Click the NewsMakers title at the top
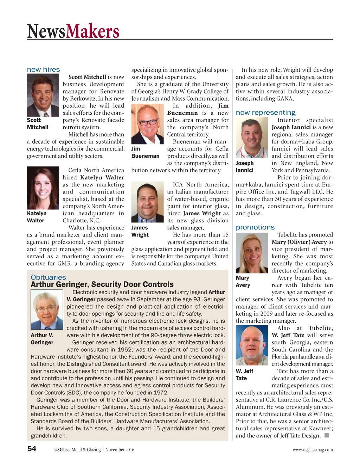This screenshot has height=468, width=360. click(x=73, y=31)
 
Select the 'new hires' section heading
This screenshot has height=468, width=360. click(x=43, y=70)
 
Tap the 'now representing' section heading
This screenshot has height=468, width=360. click(x=265, y=113)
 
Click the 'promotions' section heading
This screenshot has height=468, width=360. click(x=255, y=227)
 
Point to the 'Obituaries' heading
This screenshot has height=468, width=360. click(x=48, y=277)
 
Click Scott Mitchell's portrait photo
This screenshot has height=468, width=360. click(x=43, y=95)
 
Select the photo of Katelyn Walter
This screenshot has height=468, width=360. click(x=43, y=188)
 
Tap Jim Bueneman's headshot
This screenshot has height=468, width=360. click(x=147, y=124)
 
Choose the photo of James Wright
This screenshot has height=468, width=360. click(x=147, y=202)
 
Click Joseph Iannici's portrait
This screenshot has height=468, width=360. click(x=252, y=138)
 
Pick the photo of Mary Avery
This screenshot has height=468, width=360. click(x=252, y=253)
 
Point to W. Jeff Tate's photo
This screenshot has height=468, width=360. click(x=252, y=345)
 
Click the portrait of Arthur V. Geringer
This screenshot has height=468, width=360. click(x=47, y=309)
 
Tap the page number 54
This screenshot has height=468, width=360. click(x=32, y=449)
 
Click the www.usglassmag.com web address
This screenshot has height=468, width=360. click(x=313, y=450)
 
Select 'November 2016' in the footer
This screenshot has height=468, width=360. click(x=120, y=450)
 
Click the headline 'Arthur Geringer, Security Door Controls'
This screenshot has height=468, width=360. click(x=102, y=284)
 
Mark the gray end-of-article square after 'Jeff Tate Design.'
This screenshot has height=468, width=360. click(x=327, y=435)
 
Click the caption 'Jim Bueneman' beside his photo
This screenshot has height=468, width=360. click(x=145, y=152)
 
